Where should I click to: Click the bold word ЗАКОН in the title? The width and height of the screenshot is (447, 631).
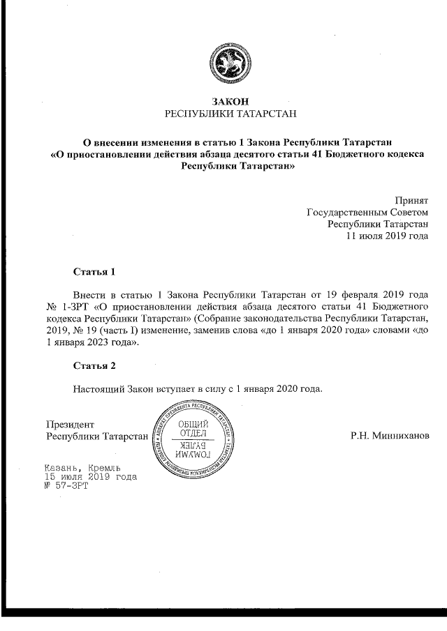click(x=230, y=100)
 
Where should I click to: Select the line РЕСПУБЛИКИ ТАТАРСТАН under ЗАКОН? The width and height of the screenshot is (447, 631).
click(x=230, y=113)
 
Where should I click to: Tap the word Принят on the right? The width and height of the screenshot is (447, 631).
click(x=411, y=199)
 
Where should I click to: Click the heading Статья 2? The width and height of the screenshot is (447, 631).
click(x=93, y=365)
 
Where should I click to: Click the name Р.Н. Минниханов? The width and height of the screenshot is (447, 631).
click(x=390, y=436)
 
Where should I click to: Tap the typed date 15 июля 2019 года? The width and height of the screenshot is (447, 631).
click(x=90, y=477)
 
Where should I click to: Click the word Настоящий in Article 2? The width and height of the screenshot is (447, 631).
click(x=98, y=388)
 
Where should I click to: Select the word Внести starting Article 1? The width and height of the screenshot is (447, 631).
click(x=89, y=294)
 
